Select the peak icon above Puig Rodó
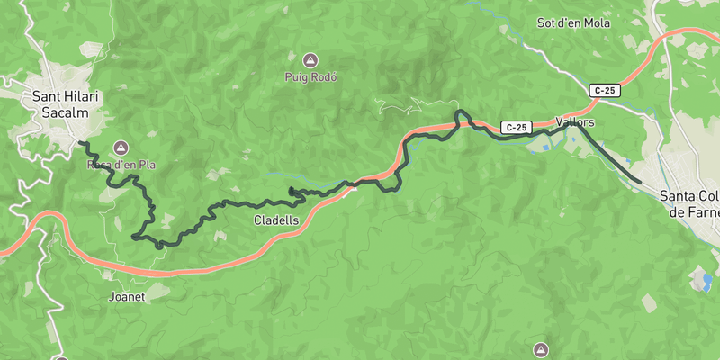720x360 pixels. click(310, 60)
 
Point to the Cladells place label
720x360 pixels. click(271, 220)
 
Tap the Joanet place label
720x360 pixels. click(126, 295)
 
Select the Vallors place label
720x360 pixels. click(576, 121)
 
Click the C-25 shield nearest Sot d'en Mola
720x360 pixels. click(605, 90)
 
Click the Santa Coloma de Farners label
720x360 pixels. click(690, 203)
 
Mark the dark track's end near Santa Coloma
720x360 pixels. click(640, 182)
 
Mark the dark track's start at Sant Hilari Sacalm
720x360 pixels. click(79, 142)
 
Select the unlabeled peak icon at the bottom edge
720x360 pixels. click(541, 348)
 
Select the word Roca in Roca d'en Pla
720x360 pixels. click(98, 165)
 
